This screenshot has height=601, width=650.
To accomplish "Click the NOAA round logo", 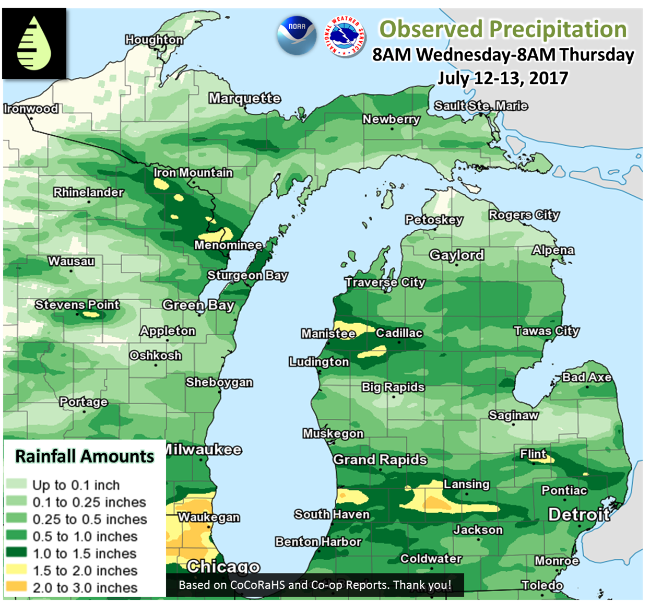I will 297,35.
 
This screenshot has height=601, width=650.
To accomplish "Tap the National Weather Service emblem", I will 345,36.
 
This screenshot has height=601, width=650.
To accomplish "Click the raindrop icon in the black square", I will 34,43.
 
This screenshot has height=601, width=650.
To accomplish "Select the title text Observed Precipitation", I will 503,29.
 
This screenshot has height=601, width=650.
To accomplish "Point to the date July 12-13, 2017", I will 502,78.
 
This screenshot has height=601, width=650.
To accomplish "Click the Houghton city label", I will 154,40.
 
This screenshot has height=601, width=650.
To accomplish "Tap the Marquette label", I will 244,98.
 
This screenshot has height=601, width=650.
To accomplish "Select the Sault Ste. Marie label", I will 481,106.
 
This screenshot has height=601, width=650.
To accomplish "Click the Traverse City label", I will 385,282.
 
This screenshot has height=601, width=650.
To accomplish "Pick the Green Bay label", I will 198,305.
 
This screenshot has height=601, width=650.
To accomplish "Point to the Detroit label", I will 579,514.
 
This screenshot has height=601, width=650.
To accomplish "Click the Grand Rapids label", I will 380,459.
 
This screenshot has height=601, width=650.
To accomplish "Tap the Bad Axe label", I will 587,377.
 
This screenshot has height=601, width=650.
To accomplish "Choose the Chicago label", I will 223,567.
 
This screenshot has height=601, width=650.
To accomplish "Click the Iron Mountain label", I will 193,172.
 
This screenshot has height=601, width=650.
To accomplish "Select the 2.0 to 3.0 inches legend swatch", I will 16,587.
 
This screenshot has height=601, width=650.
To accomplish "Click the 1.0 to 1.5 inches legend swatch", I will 16,553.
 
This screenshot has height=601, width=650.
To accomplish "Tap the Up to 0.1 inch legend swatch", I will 16,485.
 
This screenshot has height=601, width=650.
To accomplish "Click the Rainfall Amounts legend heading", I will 85,456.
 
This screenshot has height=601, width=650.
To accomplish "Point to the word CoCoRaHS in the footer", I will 257,585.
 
